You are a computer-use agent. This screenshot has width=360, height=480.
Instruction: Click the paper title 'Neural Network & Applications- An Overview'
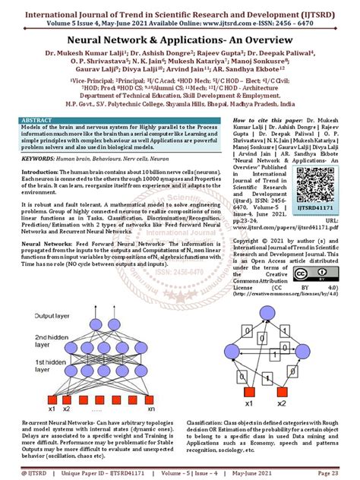(179, 36)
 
